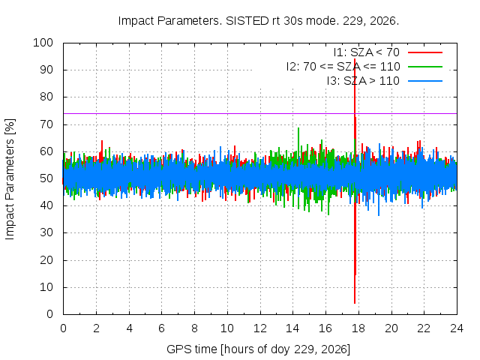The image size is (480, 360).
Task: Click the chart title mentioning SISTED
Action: point(259,21)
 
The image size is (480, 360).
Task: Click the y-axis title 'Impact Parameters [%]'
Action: point(10,179)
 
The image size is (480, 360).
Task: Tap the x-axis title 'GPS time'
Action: point(258,349)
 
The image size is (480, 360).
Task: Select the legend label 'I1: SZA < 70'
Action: point(367,52)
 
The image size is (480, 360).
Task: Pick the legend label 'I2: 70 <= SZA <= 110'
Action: point(343,67)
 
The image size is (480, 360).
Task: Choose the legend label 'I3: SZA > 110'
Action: point(363,81)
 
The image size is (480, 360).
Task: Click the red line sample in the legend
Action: point(425,52)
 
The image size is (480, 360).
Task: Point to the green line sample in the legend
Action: point(425,67)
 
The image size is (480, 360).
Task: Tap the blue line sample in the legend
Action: point(425,81)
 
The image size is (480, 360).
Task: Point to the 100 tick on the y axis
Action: point(43,43)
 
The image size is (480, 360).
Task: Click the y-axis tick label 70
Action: point(46,124)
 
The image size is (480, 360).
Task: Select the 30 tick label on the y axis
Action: point(46,232)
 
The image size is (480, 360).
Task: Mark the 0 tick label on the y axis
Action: point(49,314)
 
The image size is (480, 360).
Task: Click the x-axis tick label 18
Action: point(358,328)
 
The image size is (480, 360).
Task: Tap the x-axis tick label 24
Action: point(457,328)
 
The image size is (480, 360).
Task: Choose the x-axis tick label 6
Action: point(162,328)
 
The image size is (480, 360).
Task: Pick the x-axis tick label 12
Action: point(260,328)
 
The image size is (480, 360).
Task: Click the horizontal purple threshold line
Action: point(260,113)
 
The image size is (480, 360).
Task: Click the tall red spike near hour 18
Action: point(355,181)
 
